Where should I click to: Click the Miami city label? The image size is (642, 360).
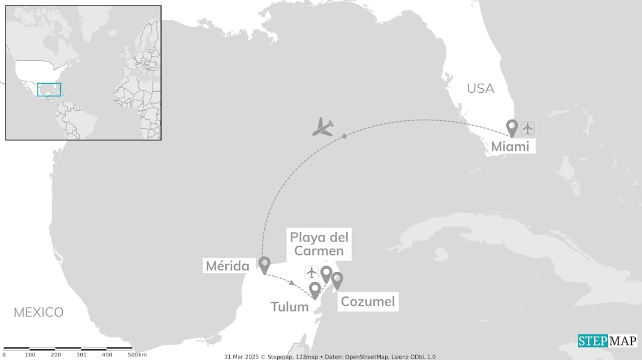coord(510,146)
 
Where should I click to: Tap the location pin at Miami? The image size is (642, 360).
coord(512,127)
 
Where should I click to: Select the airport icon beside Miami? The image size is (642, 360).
coord(528,128)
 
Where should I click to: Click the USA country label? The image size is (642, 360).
coord(480,88)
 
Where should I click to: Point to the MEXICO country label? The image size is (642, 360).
coord(39,312)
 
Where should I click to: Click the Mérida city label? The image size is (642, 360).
coord(228,266)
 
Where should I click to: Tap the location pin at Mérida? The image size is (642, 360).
coord(264,264)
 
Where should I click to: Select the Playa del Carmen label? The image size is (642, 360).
coord(319,243)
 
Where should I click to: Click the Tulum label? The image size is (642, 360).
coord(289,306)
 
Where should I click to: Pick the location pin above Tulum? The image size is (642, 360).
coord(315,289)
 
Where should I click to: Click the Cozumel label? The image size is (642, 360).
coord(368,301)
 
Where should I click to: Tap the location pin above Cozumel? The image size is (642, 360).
coord(337,279)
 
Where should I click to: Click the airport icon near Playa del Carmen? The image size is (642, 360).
coord(312,273)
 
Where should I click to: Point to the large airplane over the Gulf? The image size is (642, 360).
coord(323,127)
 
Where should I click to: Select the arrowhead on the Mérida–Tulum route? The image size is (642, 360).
coord(292,283)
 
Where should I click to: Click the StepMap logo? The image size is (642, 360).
coord(607,341)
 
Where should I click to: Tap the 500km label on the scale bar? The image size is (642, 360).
coord(136,355)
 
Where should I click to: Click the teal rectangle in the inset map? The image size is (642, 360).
coord(49,89)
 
